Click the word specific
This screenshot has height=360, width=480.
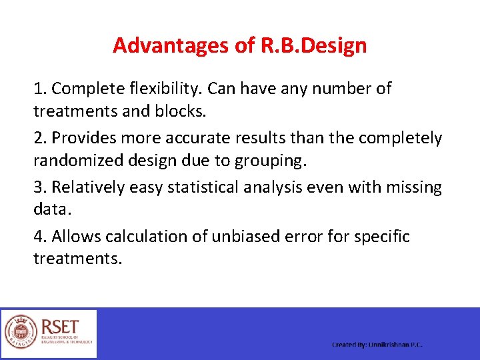coord(381,237)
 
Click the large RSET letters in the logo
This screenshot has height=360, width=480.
coord(61,327)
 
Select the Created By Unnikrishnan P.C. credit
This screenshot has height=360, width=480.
coord(377,345)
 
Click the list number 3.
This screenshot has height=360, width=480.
coord(39,187)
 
